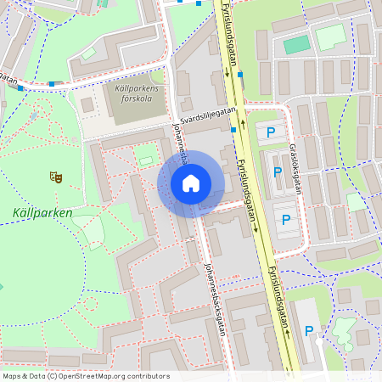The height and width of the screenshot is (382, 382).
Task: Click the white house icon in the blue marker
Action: tap(191, 183)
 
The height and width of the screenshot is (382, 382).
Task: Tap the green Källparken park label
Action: tap(42, 212)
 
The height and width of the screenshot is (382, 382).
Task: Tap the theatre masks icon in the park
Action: tap(57, 177)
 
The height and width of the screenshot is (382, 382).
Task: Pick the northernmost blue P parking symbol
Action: tap(270, 132)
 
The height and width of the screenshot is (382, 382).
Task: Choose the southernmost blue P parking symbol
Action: tap(309, 332)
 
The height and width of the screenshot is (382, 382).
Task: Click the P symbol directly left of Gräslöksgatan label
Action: tap(278, 172)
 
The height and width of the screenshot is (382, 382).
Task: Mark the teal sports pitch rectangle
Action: tap(296, 44)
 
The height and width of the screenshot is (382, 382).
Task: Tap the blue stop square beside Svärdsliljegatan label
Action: tap(233, 129)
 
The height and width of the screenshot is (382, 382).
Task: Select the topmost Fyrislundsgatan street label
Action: tap(227, 38)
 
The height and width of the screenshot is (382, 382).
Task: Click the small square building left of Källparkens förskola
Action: tap(87, 104)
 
